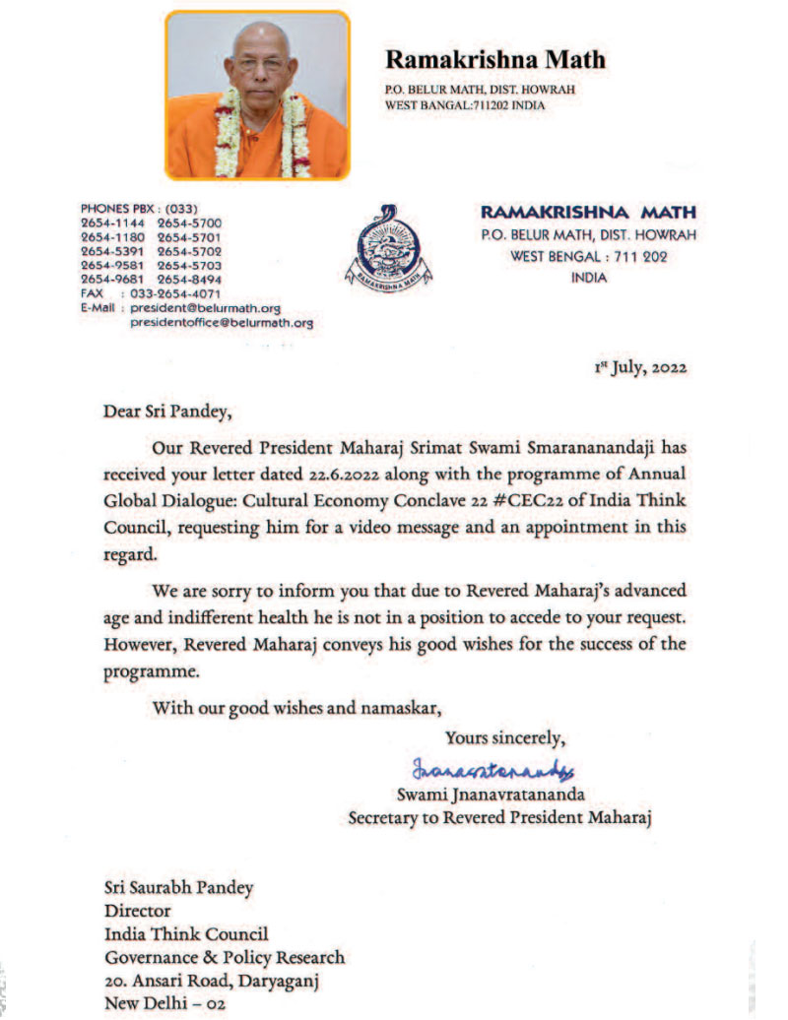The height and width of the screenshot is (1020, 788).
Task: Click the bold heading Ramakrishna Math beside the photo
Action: point(494,60)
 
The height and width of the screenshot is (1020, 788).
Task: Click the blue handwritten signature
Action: point(493,767)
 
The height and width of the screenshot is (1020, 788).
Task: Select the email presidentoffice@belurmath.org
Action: point(222,322)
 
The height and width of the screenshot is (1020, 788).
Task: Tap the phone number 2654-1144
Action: point(112,224)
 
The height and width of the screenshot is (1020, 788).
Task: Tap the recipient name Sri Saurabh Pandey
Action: point(177,888)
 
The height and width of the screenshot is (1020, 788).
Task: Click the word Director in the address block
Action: point(137,911)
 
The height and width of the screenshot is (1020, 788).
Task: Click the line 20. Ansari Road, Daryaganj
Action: point(210,981)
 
